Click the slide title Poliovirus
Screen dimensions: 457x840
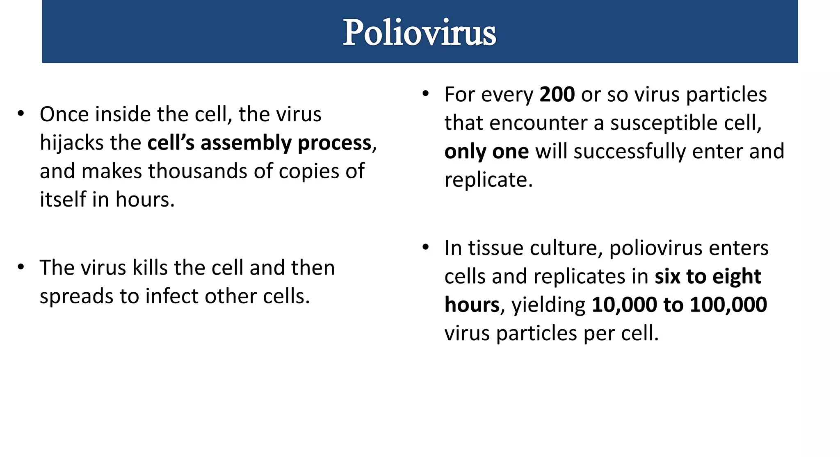point(419,33)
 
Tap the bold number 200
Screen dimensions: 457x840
point(557,95)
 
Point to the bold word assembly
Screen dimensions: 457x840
point(245,143)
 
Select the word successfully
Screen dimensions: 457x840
point(629,152)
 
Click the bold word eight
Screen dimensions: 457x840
point(737,277)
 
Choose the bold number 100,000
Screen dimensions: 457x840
point(728,305)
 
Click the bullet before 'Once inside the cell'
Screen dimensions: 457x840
point(21,113)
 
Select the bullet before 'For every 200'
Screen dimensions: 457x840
point(426,94)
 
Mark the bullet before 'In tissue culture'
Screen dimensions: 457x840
point(426,247)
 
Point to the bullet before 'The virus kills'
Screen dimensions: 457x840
point(21,267)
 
